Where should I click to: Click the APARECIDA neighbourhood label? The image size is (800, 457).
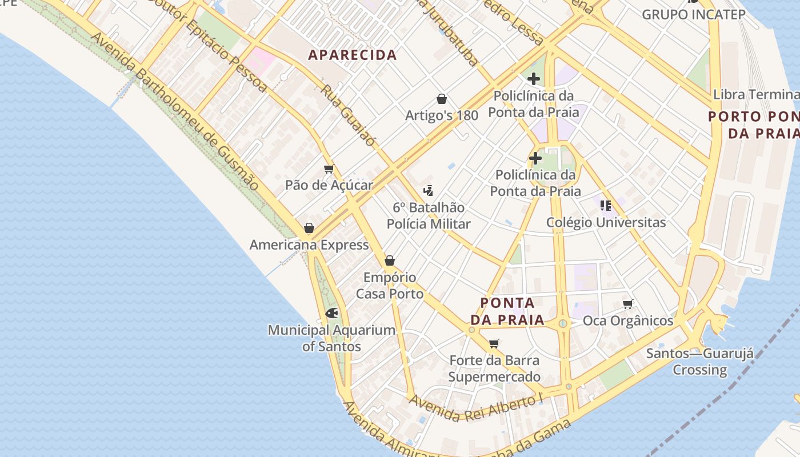[352, 55]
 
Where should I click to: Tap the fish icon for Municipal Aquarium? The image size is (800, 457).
[331, 313]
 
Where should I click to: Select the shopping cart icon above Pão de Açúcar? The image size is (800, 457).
[329, 169]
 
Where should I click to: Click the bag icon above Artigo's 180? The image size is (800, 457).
[441, 99]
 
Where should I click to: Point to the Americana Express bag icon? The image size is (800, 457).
[309, 228]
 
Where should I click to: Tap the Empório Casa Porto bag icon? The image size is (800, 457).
[390, 260]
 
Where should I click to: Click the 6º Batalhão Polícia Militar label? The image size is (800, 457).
[429, 215]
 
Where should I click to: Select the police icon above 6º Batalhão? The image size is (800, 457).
[428, 190]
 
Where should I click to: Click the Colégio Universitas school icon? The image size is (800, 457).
[606, 205]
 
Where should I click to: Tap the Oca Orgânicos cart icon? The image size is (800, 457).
[627, 304]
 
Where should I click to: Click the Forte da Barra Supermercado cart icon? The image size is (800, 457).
[494, 343]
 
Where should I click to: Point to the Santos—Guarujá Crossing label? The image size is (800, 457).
[699, 361]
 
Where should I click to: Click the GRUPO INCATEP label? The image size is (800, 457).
[694, 14]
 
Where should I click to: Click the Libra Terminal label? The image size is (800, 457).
[755, 94]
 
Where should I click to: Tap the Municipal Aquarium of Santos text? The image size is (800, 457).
[331, 338]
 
